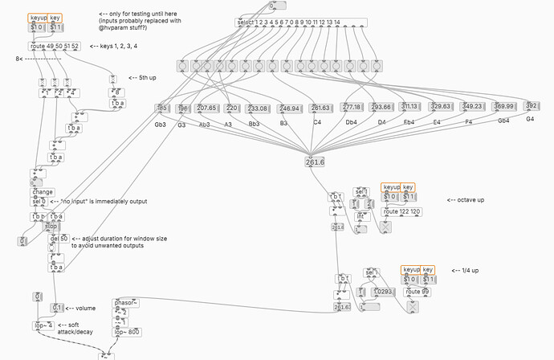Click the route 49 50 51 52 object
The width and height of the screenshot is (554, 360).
click(54, 47)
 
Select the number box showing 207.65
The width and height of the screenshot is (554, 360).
click(206, 108)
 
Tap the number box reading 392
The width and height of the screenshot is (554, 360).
click(530, 106)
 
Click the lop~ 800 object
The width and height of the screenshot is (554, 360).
click(128, 331)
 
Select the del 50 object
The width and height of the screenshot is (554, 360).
click(59, 239)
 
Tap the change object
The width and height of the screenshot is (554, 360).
click(42, 192)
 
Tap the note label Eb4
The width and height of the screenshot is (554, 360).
click(409, 122)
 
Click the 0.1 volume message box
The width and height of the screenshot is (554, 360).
click(57, 308)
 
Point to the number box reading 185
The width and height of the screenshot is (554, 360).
click(161, 108)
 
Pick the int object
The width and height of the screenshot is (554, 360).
click(362, 216)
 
